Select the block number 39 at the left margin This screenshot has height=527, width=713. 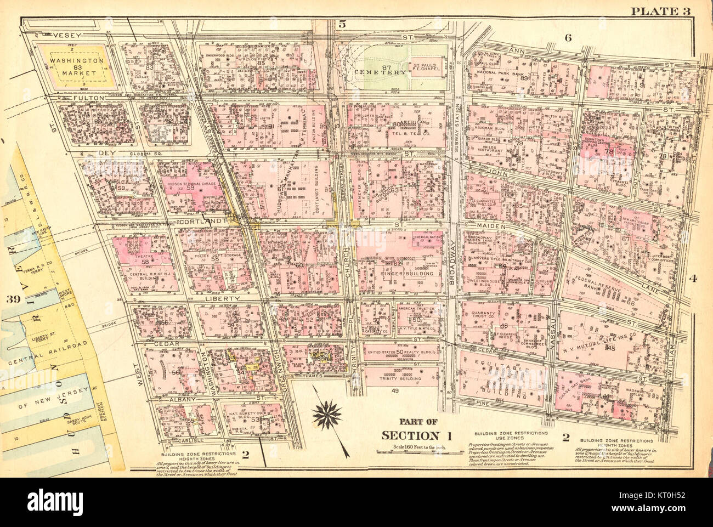pos(10,299)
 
